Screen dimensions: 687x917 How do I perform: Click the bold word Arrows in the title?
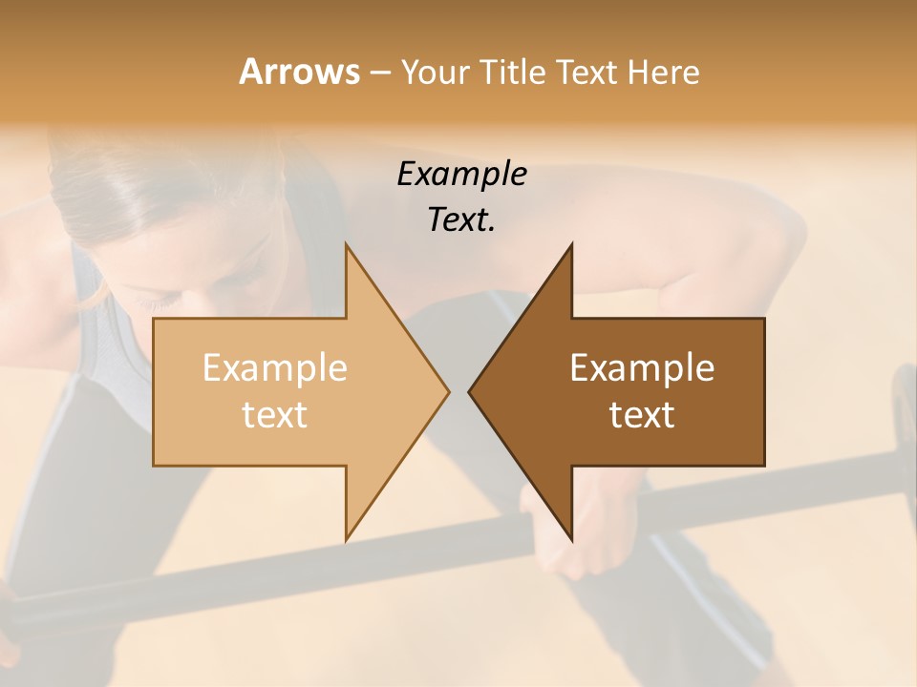tap(299, 72)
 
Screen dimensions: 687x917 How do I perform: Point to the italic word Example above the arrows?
tap(461, 174)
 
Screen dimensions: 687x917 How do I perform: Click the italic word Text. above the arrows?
tap(461, 219)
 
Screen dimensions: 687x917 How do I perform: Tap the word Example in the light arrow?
tap(275, 367)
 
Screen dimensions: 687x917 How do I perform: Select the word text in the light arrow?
tap(275, 414)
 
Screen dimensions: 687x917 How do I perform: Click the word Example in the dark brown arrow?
tap(642, 367)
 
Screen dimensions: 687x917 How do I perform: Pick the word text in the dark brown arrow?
tap(642, 414)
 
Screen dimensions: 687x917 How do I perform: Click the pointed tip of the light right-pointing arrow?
tap(447, 391)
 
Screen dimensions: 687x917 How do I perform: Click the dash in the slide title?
tap(379, 73)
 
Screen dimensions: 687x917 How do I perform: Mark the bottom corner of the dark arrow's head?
tap(571, 539)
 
